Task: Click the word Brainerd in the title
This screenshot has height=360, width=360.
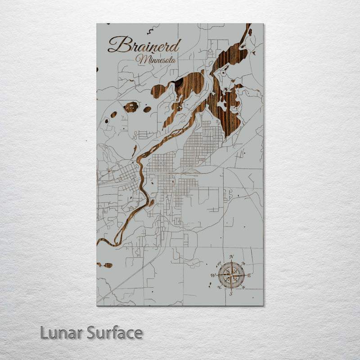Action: pyautogui.click(x=144, y=45)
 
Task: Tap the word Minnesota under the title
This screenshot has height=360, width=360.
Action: pyautogui.click(x=157, y=59)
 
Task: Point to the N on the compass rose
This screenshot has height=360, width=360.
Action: pyautogui.click(x=232, y=257)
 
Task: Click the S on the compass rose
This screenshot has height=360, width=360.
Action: pyautogui.click(x=231, y=294)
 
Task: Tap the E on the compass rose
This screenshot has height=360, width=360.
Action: pyautogui.click(x=249, y=275)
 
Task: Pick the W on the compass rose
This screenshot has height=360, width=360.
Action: pyautogui.click(x=213, y=275)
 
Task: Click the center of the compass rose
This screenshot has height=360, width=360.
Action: pyautogui.click(x=231, y=275)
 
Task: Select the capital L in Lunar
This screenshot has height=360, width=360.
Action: pyautogui.click(x=45, y=333)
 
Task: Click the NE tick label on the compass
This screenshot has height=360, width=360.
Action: pyautogui.click(x=243, y=263)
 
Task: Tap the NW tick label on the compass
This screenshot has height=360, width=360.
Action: pyautogui.click(x=219, y=263)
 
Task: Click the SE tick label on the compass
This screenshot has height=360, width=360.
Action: pyautogui.click(x=243, y=288)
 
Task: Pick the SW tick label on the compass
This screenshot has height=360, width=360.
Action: pyautogui.click(x=219, y=288)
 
